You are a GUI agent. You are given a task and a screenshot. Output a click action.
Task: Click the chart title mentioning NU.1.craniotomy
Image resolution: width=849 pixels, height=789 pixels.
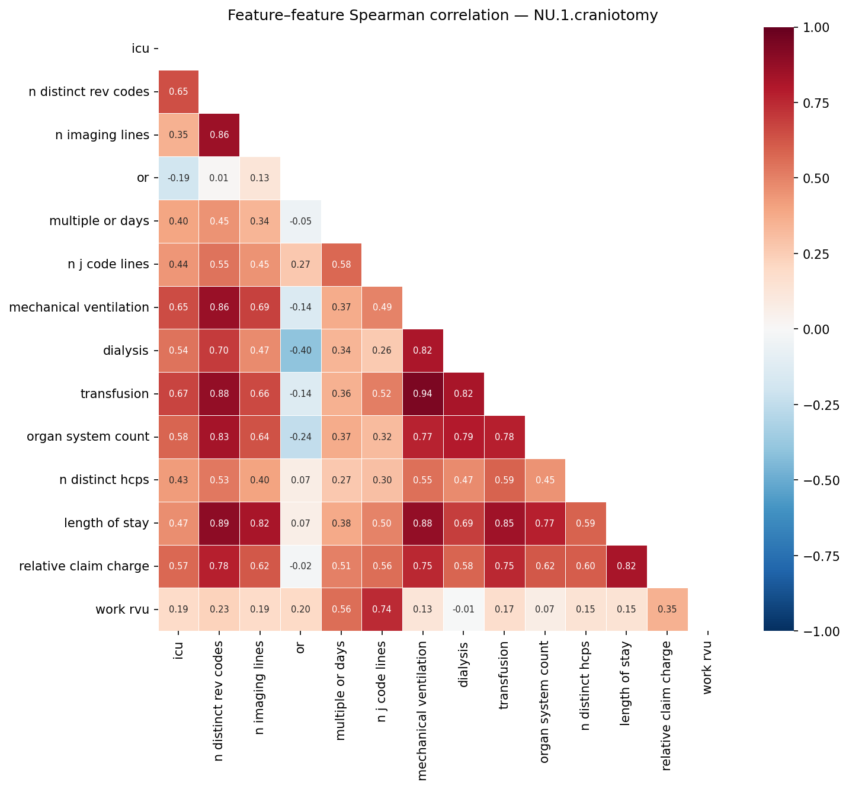(443, 15)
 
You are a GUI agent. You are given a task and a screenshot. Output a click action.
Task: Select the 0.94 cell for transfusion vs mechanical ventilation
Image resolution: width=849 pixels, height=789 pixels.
(422, 394)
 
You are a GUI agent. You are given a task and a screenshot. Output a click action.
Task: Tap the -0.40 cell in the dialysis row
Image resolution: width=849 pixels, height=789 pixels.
(300, 351)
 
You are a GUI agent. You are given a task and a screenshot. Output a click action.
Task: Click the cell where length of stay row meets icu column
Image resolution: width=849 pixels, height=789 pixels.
(178, 524)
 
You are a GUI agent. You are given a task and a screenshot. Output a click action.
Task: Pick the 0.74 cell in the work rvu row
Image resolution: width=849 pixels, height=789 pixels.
(382, 610)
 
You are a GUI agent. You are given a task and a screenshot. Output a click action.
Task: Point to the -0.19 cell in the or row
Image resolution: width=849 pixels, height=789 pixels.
(178, 178)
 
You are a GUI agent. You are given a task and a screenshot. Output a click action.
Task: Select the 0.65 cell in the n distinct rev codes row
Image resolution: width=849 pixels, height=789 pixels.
(178, 92)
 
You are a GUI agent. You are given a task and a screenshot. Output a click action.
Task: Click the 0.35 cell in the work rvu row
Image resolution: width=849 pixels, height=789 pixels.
(667, 610)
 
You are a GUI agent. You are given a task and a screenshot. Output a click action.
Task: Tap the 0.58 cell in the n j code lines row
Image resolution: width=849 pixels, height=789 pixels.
(341, 264)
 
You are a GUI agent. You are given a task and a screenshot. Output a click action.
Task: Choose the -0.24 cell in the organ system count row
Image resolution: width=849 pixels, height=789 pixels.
(300, 437)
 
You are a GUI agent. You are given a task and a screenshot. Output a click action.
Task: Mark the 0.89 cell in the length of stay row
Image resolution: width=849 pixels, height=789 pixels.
(219, 524)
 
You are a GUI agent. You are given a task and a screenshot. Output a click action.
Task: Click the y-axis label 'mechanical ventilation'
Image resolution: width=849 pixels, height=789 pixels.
(79, 307)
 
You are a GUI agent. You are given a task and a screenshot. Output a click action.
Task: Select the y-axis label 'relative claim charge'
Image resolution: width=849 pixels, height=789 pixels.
(84, 566)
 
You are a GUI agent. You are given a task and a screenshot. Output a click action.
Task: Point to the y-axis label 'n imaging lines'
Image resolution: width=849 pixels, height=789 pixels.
(102, 135)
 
